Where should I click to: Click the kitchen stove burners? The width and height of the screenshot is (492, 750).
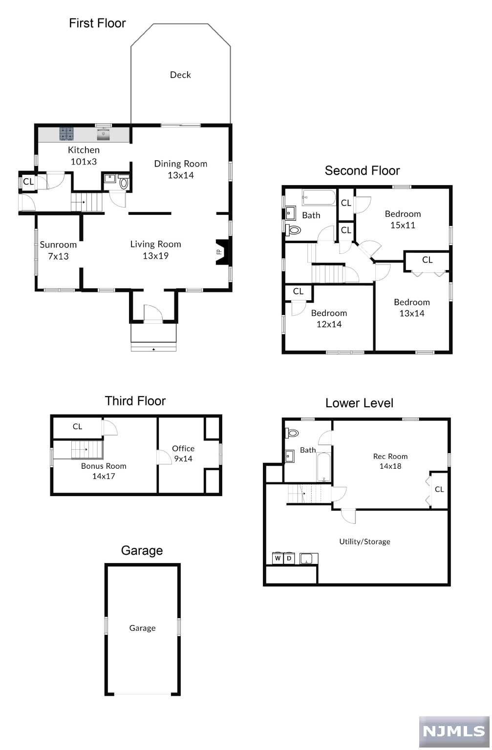66,134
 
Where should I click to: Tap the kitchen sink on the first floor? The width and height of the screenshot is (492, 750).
104,134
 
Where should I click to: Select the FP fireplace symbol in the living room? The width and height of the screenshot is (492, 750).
222,252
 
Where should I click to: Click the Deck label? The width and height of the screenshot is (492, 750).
180,75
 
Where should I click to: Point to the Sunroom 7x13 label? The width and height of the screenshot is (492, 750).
58,250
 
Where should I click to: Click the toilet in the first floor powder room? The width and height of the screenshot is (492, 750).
124,183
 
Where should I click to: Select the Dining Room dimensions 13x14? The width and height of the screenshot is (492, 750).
181,175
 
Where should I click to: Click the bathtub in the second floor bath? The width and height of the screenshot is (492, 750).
319,198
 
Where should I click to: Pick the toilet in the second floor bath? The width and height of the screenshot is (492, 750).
293,230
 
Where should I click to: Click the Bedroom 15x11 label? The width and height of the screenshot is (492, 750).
403,219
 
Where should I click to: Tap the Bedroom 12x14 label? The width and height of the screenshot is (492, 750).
329,318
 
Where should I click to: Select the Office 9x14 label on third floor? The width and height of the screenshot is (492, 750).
183,453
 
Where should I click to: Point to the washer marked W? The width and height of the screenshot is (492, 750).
278,558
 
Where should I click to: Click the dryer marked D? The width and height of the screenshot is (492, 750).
289,558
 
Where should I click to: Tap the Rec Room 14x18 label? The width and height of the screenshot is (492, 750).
390,461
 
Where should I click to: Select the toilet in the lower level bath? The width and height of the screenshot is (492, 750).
292,433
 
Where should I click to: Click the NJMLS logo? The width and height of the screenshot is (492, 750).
454,732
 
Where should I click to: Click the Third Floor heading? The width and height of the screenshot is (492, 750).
135,401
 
